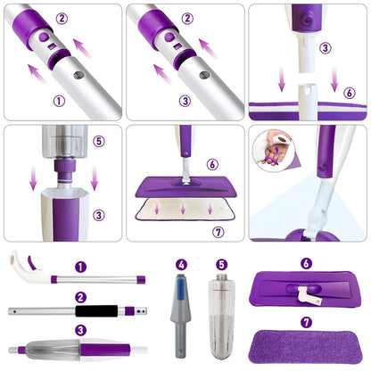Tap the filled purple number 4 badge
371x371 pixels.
coord(181,264)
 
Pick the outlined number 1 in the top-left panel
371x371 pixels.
coord(60,101)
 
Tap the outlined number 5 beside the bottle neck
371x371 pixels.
coord(100,140)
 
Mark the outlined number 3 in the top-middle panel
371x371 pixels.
coord(183,101)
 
